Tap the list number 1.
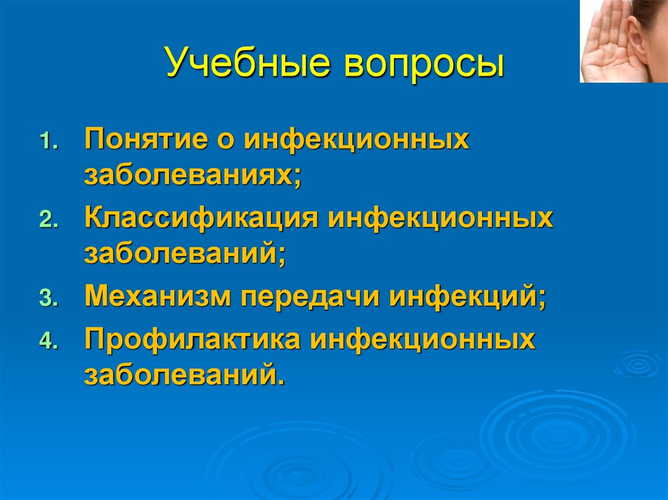pyautogui.click(x=48, y=143)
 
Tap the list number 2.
pyautogui.click(x=48, y=220)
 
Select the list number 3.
pyautogui.click(x=48, y=299)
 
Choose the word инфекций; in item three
pyautogui.click(x=467, y=297)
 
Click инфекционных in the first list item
pyautogui.click(x=357, y=141)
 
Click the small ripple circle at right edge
pyautogui.click(x=640, y=364)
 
